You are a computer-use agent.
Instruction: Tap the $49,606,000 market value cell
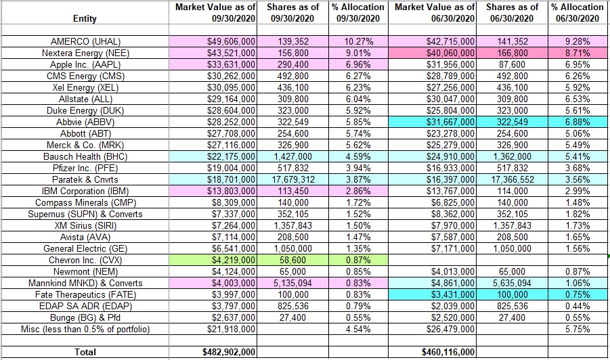pyautogui.click(x=230, y=41)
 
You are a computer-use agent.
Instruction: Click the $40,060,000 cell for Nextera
pyautogui.click(x=449, y=53)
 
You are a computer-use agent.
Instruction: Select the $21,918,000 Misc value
pyautogui.click(x=230, y=329)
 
